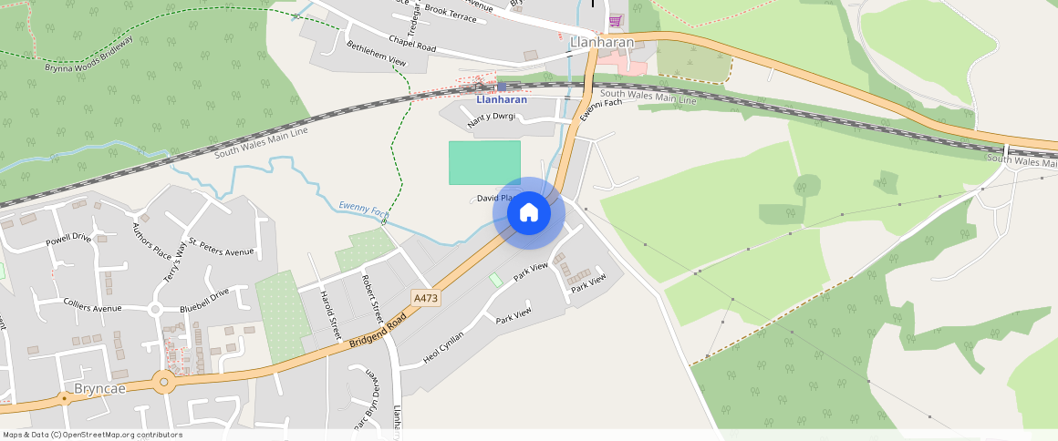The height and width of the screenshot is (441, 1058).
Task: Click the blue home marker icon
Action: (x=529, y=213)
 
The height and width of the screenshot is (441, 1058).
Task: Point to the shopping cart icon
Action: (x=617, y=20)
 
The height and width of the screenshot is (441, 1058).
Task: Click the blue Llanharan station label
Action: (x=501, y=99)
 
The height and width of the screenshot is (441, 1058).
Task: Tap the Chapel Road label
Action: (x=412, y=41)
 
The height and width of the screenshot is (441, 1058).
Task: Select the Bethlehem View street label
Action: (x=375, y=53)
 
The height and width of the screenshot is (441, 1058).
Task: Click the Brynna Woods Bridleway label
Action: (x=89, y=55)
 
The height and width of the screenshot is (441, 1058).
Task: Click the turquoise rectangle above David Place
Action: (x=484, y=162)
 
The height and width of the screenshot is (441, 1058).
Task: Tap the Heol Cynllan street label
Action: (x=444, y=348)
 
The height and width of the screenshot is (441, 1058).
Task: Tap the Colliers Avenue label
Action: (x=92, y=307)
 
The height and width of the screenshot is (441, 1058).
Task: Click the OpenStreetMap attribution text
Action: (x=91, y=435)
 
